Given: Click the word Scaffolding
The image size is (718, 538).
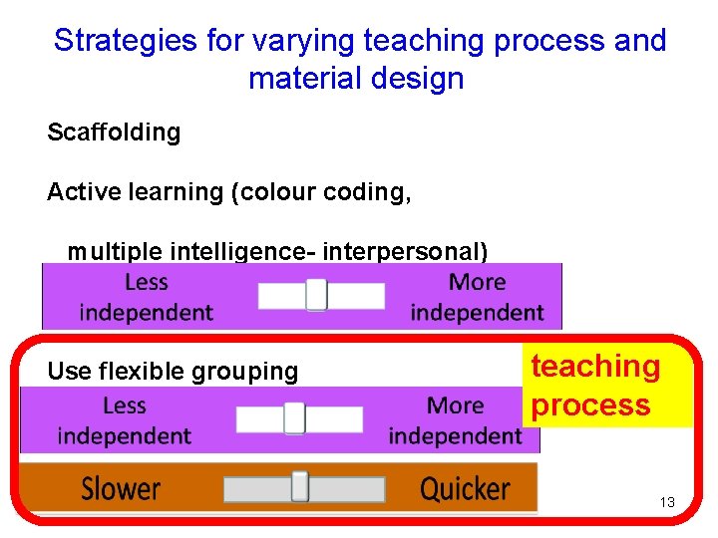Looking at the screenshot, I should click(114, 134).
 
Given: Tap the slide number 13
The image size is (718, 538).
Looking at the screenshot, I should click(667, 502).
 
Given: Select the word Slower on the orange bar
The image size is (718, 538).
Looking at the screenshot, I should click(121, 489).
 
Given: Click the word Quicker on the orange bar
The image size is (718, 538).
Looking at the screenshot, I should click(465, 489).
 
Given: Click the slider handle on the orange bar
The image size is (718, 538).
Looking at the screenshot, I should click(299, 487).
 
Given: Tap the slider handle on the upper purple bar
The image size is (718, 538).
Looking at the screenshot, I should click(316, 295).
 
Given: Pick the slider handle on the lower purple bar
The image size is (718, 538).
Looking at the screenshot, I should click(294, 418).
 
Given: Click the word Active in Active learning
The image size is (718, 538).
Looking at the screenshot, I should click(77, 192).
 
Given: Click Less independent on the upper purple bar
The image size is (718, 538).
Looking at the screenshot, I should click(147, 297).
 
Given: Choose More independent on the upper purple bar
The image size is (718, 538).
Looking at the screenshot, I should click(477, 297).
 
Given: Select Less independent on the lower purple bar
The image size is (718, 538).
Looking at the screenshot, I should click(125, 420).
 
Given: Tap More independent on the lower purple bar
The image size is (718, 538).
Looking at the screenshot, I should click(455, 420).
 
